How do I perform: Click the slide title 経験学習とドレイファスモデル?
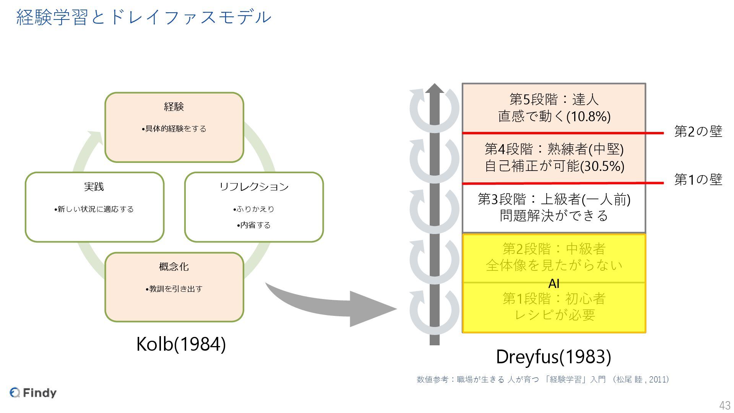pyautogui.click(x=144, y=18)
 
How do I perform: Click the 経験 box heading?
pyautogui.click(x=174, y=107)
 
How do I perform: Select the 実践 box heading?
pyautogui.click(x=94, y=187)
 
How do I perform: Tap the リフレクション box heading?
pyautogui.click(x=254, y=187)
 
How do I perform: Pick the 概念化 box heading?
pyautogui.click(x=174, y=267)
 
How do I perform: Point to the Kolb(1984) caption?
pyautogui.click(x=181, y=344)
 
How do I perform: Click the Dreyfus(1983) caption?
pyautogui.click(x=553, y=357)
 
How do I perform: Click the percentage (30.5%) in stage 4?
pyautogui.click(x=602, y=166)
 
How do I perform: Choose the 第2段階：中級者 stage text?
pyautogui.click(x=554, y=249)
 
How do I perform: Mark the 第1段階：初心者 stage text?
pyautogui.click(x=554, y=299)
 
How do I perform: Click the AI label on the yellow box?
pyautogui.click(x=554, y=284)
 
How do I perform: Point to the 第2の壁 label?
pyautogui.click(x=698, y=132)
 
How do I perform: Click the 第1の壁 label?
pyautogui.click(x=698, y=179)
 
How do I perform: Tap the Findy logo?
pyautogui.click(x=33, y=393)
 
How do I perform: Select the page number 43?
pyautogui.click(x=724, y=405)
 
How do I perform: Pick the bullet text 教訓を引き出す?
pyautogui.click(x=174, y=289)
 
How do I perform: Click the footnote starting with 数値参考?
pyautogui.click(x=542, y=379)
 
